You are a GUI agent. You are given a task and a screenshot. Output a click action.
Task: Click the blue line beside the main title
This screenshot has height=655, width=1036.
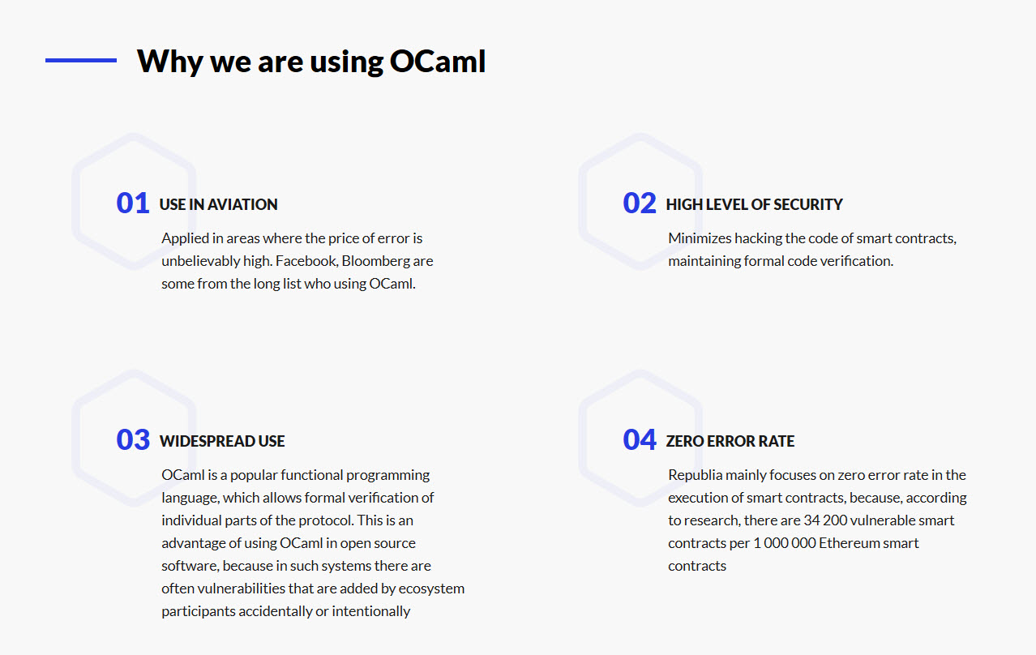(81, 60)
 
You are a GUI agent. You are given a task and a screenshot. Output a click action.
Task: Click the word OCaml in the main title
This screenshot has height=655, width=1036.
(438, 61)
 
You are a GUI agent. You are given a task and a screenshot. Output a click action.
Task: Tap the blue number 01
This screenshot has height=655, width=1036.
(133, 203)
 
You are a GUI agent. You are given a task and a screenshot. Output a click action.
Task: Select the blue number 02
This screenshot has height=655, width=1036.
(640, 203)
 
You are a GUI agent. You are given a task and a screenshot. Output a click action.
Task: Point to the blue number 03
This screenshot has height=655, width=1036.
(133, 439)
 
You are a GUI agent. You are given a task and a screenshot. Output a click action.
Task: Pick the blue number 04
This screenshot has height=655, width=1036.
(640, 439)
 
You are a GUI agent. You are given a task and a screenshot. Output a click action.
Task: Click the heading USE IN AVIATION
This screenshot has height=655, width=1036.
(218, 204)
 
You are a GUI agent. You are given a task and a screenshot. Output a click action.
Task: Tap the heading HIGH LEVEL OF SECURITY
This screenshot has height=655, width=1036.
(755, 204)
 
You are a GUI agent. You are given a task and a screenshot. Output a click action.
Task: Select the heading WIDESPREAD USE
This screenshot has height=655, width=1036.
(222, 441)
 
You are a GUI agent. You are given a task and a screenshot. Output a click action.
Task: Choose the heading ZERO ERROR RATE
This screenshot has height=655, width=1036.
(730, 441)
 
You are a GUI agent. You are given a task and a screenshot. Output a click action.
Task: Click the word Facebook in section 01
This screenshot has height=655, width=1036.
(307, 261)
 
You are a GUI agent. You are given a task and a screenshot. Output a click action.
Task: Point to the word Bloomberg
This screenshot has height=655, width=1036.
(375, 262)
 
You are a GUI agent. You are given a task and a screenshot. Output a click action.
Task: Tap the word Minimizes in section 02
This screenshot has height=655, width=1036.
(700, 238)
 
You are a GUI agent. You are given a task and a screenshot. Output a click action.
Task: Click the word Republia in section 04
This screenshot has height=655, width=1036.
(696, 476)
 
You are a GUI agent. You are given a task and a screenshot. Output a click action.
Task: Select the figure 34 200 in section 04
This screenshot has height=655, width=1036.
(825, 520)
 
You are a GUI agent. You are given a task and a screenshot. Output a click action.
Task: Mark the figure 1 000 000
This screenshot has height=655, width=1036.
(785, 543)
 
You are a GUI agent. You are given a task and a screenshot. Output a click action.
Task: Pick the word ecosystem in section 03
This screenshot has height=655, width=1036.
(431, 589)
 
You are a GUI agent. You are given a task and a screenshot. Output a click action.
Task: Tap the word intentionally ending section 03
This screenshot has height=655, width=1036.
(371, 611)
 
